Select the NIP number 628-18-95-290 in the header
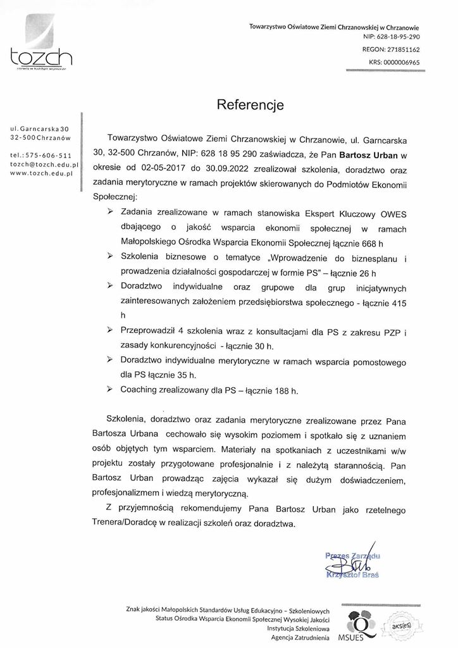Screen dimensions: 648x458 (393, 37)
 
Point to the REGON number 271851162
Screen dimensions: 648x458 (400, 49)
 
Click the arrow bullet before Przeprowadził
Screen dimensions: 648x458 (110, 330)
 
